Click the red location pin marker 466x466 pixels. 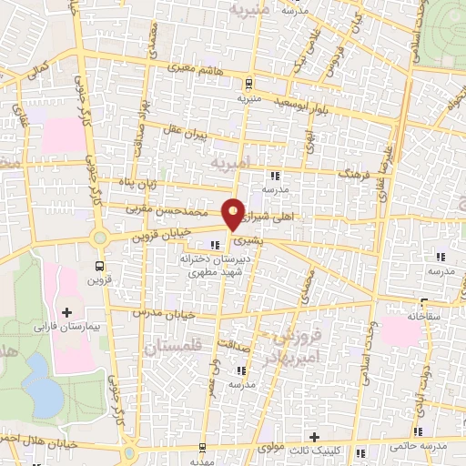click(234, 213)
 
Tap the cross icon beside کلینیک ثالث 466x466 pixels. click(315, 439)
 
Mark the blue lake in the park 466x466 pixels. click(40, 382)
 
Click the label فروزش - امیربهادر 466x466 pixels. click(298, 348)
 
